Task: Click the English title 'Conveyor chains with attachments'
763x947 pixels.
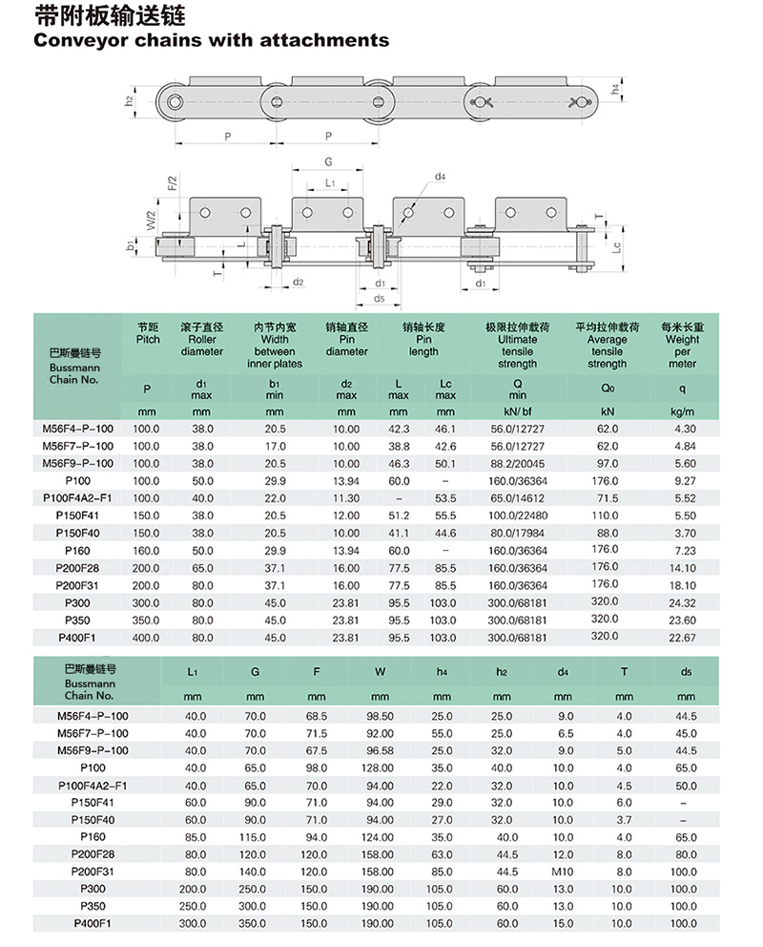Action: click(211, 40)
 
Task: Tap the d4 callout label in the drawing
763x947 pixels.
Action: click(441, 177)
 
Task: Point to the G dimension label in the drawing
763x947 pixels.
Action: click(328, 162)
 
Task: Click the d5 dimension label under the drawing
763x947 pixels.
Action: click(379, 299)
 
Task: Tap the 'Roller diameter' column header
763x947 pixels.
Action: click(201, 345)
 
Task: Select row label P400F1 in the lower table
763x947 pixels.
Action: click(93, 923)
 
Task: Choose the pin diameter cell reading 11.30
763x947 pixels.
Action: click(346, 498)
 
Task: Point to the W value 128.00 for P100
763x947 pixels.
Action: click(380, 767)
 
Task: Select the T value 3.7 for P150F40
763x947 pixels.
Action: click(624, 819)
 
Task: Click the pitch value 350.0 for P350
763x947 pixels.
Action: click(146, 620)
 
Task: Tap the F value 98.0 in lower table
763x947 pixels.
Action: click(317, 767)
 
